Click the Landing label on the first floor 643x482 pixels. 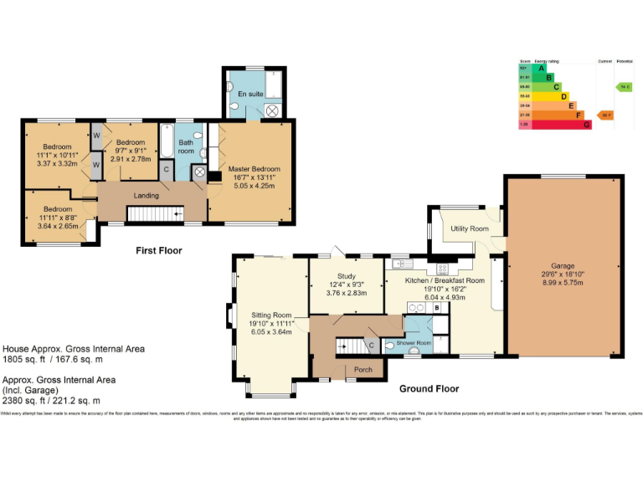pyautogui.click(x=147, y=196)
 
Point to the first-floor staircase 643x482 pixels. pyautogui.click(x=156, y=215)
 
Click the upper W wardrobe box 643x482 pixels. pyautogui.click(x=96, y=136)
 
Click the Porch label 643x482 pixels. pyautogui.click(x=363, y=369)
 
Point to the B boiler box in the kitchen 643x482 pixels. pyautogui.click(x=436, y=308)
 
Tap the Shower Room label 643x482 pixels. pyautogui.click(x=414, y=344)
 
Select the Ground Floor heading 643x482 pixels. pyautogui.click(x=429, y=389)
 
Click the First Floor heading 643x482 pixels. pyautogui.click(x=159, y=250)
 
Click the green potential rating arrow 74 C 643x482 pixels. pyautogui.click(x=624, y=87)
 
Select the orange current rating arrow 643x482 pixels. pyautogui.click(x=604, y=115)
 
